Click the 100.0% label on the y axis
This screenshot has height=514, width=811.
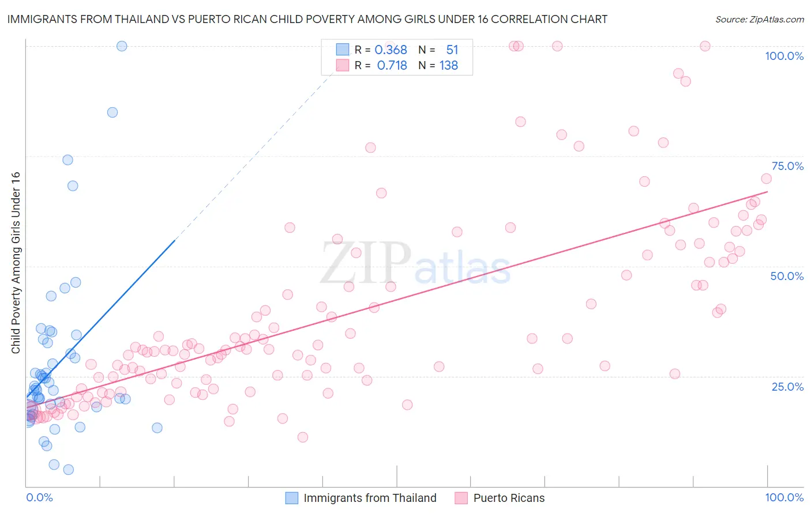[784, 56]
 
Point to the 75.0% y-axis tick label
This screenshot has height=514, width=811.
[787, 166]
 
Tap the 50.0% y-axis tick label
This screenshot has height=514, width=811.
[787, 276]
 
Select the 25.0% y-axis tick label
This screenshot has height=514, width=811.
[787, 386]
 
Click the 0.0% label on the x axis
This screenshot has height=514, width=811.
[39, 497]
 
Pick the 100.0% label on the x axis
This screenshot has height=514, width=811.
[784, 497]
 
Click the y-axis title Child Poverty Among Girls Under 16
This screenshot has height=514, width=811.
[16, 263]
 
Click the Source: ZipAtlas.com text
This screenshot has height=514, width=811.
[759, 20]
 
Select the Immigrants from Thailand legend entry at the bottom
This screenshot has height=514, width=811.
[370, 498]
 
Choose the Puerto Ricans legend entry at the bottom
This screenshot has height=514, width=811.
[509, 498]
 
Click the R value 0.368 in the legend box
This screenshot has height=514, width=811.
[391, 50]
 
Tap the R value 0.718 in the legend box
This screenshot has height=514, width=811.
[392, 66]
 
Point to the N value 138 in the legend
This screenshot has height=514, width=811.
[449, 66]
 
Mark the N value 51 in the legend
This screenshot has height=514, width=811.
[452, 50]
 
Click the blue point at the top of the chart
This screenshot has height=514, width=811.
[122, 46]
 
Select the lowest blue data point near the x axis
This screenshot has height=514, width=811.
[68, 470]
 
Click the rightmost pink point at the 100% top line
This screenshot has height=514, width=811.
[705, 46]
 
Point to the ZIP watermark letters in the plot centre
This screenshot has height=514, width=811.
[365, 263]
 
